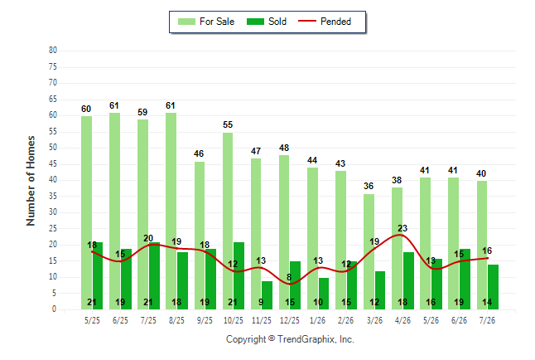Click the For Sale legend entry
click(x=206, y=22)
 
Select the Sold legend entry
click(x=267, y=22)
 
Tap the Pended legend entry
click(x=325, y=22)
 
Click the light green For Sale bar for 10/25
click(x=228, y=221)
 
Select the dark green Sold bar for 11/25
click(x=267, y=295)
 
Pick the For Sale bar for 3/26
click(x=369, y=251)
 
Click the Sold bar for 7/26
click(x=493, y=287)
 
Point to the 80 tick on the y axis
click(x=53, y=51)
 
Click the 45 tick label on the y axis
click(x=53, y=163)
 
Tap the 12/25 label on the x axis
click(x=290, y=320)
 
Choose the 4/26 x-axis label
click(x=402, y=320)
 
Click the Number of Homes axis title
click(x=31, y=181)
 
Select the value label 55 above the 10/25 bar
click(x=228, y=124)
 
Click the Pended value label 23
click(x=402, y=228)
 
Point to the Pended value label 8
click(x=289, y=277)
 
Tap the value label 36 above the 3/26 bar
click(x=369, y=186)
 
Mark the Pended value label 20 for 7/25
click(x=148, y=238)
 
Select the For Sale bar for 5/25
click(x=86, y=212)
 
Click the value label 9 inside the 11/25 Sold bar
click(x=261, y=302)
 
